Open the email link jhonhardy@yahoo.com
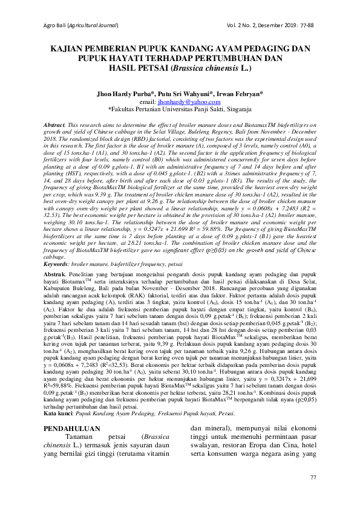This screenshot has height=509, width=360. pos(193,103)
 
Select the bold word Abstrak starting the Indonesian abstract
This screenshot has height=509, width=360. pos(56,274)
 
